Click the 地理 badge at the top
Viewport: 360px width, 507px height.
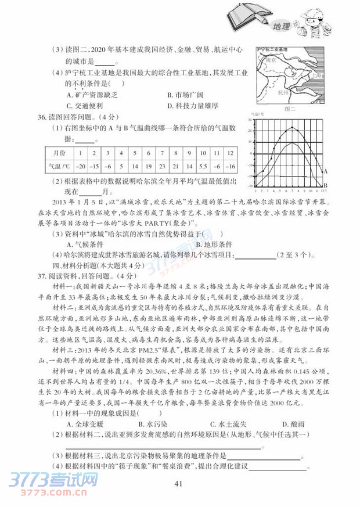281,26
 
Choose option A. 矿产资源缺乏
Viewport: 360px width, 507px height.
92,94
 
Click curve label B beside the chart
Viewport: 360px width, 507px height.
325,185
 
